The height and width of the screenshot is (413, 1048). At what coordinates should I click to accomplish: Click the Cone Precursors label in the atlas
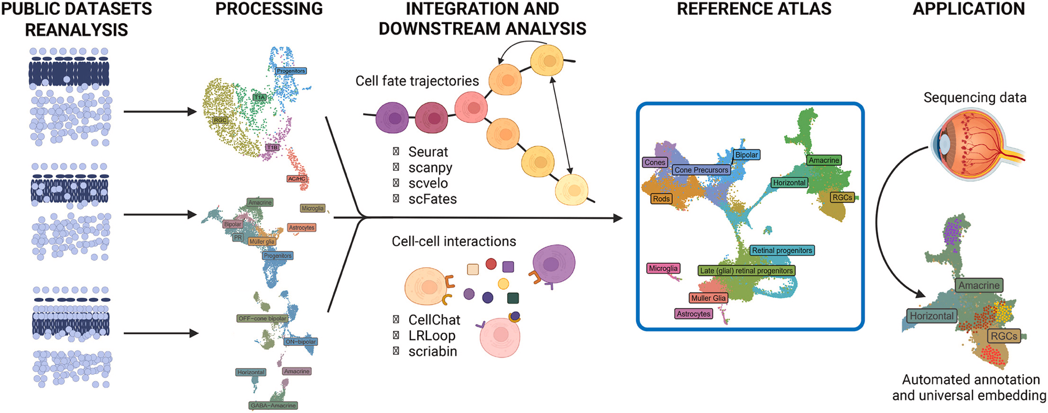click(701, 170)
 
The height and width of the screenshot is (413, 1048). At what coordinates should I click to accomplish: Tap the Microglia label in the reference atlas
click(663, 268)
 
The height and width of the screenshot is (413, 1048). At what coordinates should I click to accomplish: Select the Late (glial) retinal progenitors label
click(746, 270)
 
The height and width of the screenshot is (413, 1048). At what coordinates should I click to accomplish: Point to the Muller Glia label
click(708, 298)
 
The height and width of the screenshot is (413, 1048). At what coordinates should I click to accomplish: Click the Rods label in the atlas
click(661, 199)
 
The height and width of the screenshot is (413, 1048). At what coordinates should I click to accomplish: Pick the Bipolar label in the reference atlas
click(746, 155)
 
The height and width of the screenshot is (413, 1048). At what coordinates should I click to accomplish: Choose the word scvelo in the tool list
click(428, 183)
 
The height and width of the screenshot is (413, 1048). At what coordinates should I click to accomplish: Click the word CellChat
click(434, 320)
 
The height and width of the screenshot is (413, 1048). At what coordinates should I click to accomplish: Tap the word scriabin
click(432, 351)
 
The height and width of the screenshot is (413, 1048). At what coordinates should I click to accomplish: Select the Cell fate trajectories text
click(417, 81)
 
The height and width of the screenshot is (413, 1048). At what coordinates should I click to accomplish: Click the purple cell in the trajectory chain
click(392, 118)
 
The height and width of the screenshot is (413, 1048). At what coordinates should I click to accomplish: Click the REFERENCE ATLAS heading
click(754, 9)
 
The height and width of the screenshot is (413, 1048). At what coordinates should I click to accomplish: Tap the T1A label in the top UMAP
click(259, 97)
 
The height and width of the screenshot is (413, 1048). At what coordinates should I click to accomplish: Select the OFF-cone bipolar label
click(262, 318)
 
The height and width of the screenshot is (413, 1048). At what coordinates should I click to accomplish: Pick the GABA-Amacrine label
click(273, 405)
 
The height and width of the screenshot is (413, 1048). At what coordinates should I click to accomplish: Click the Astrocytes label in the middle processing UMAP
click(301, 227)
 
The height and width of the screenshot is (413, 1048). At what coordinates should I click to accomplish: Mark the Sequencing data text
click(975, 97)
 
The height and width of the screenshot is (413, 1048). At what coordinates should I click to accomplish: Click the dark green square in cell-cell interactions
click(513, 298)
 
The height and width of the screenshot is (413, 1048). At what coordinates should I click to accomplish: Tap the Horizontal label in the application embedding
click(931, 316)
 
